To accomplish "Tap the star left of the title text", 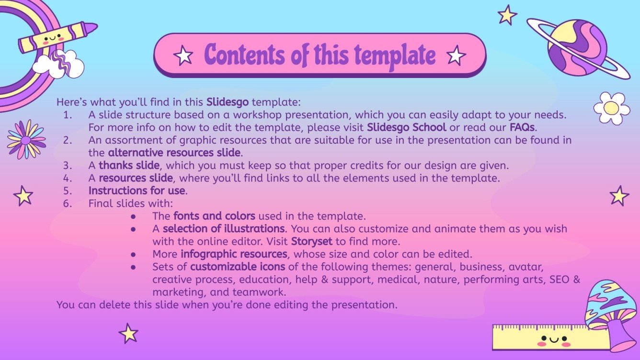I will tap(183, 56).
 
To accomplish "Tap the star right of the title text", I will tap(456, 56).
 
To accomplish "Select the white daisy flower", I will tap(611, 108).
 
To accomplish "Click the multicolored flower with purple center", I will tap(26, 139).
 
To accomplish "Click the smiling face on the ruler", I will tap(553, 341).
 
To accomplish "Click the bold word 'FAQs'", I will tap(523, 128).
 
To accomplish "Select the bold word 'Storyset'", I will tap(311, 241).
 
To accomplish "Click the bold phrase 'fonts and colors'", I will tap(214, 216).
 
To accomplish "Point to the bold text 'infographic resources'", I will tap(234, 253).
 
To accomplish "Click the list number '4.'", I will tap(67, 178).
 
